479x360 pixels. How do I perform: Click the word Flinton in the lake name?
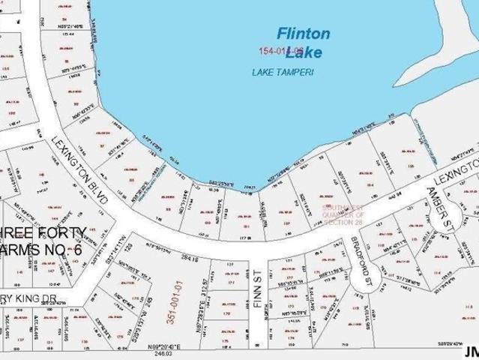tap(303, 33)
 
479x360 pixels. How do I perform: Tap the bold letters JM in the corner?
tap(470, 351)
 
